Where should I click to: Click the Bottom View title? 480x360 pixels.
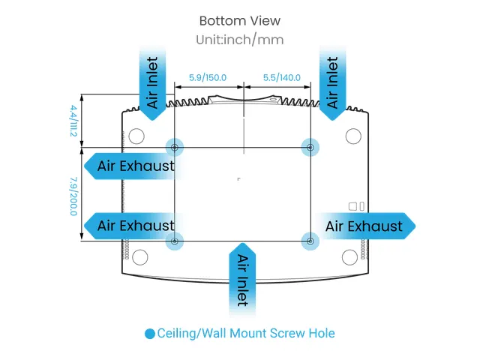[x=240, y=21]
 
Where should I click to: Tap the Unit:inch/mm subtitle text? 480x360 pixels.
[x=240, y=40]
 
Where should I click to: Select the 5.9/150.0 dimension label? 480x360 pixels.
[x=208, y=77]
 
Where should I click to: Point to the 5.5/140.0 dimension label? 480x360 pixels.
[x=282, y=77]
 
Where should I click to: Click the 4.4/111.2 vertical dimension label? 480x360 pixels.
[x=73, y=121]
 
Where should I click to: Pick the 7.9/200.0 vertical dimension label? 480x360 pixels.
[x=73, y=196]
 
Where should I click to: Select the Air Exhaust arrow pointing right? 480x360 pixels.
[x=366, y=226]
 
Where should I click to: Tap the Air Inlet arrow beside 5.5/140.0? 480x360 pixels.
[x=333, y=83]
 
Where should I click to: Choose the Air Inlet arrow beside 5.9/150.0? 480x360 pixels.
[x=153, y=83]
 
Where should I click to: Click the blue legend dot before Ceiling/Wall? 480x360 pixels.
[x=150, y=334]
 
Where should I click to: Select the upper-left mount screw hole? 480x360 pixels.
[x=175, y=147]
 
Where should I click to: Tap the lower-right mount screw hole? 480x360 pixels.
[x=310, y=241]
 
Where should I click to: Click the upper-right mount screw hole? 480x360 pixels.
[x=310, y=147]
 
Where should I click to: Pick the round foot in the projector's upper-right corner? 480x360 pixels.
[x=353, y=136]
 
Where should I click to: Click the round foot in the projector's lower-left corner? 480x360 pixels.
[x=140, y=257]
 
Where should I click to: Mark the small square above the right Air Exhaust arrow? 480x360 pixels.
[x=352, y=206]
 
